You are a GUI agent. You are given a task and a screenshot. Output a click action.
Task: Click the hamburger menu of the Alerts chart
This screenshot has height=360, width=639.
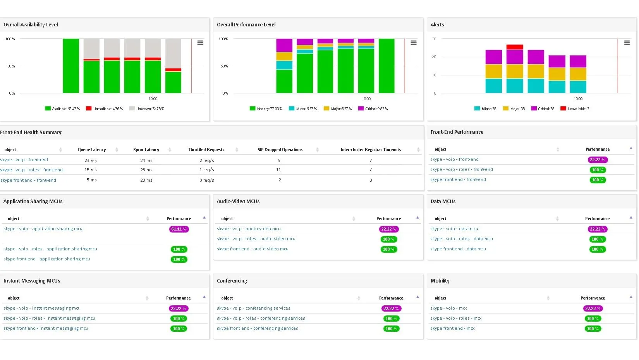click(627, 43)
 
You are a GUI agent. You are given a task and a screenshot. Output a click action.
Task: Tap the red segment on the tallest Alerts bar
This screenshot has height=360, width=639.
click(515, 47)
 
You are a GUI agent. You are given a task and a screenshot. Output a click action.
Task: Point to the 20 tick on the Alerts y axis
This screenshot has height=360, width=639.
click(434, 57)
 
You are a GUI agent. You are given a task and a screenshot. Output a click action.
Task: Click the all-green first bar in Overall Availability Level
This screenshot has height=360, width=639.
click(71, 66)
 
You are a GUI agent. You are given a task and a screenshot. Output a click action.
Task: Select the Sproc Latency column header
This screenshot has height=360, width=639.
click(146, 150)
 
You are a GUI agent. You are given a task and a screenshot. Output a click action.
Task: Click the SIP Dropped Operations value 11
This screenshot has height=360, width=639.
click(278, 170)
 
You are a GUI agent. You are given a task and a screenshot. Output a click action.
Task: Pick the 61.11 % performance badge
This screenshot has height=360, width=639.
click(179, 229)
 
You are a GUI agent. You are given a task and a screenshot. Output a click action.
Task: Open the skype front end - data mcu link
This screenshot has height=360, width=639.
click(458, 249)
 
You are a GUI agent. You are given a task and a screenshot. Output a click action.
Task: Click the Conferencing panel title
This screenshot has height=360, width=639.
click(232, 281)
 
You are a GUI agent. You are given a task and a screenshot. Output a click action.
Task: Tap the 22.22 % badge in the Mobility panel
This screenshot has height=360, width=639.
click(593, 308)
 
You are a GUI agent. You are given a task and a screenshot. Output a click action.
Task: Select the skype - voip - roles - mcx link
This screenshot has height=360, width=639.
click(456, 319)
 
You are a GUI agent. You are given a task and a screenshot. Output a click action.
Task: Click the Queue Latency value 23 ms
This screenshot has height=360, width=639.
click(91, 160)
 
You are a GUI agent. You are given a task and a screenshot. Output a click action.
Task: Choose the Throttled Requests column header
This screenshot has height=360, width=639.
click(206, 150)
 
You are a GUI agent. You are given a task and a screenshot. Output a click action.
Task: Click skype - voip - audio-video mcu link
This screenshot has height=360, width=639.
click(249, 229)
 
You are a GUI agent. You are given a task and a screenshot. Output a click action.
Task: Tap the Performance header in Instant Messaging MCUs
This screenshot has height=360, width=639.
click(178, 298)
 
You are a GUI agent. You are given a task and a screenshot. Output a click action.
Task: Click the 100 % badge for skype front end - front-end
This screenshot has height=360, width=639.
click(598, 180)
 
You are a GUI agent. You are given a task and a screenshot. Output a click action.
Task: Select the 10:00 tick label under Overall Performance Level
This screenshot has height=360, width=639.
click(366, 99)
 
